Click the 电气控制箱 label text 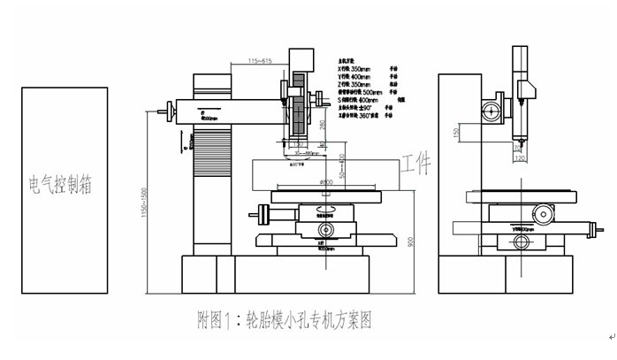(61, 186)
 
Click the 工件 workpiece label (415, 164)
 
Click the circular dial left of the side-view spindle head (489, 111)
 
